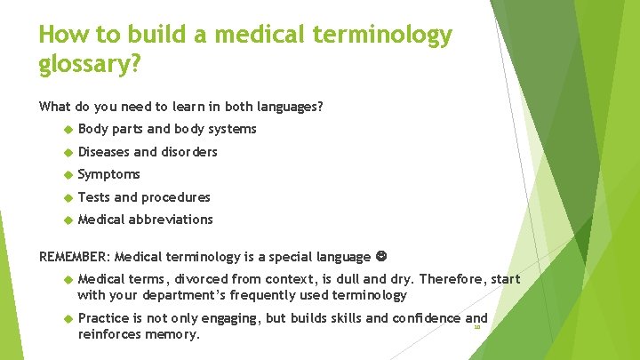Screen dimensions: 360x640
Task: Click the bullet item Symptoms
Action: click(108, 174)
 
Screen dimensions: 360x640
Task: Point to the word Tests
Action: click(94, 197)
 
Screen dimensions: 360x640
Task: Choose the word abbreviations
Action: click(171, 220)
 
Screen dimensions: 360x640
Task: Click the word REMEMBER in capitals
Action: click(74, 257)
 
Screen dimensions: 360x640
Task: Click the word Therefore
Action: click(454, 279)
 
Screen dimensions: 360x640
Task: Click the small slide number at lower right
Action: click(476, 327)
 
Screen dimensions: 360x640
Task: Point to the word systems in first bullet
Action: click(234, 129)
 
